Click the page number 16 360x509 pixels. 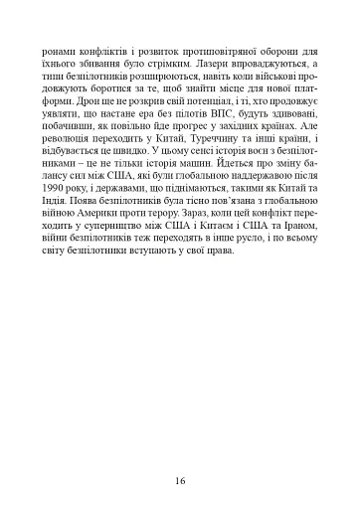(x=180, y=452)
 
